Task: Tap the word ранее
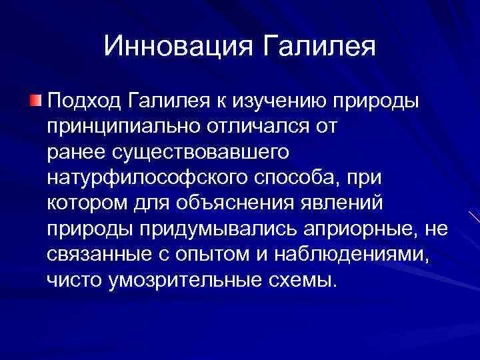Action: click(x=73, y=152)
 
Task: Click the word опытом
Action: click(x=211, y=253)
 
